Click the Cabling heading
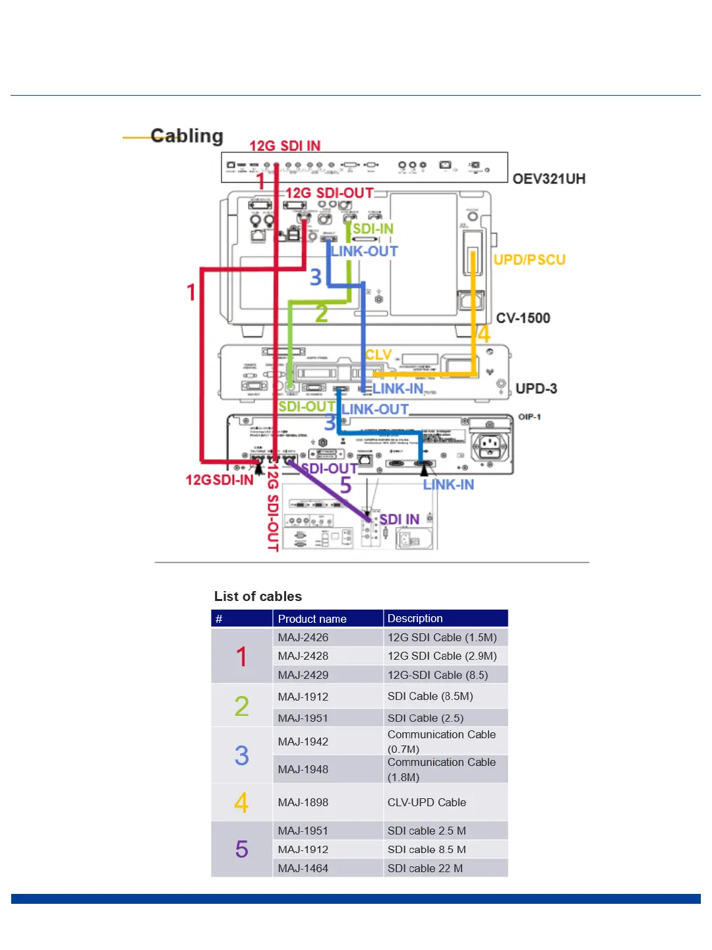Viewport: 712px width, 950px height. coord(187,136)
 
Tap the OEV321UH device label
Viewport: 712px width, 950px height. coord(549,179)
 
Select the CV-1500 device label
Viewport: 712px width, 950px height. coord(523,318)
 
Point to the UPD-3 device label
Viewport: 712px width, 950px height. coord(536,389)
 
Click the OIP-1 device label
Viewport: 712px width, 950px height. coord(529,417)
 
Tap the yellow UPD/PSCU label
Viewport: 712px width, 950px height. coord(529,260)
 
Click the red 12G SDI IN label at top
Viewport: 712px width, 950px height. coord(285,146)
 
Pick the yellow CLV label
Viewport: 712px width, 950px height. coord(378,355)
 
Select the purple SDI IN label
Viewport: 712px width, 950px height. coord(399,519)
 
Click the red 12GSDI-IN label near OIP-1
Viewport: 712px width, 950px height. coord(220,480)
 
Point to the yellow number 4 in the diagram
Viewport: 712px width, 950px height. coord(484,334)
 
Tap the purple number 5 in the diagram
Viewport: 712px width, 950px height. coord(345,486)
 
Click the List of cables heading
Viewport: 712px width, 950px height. coord(258,596)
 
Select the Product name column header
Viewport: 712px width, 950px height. coord(312,619)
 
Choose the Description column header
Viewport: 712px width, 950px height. coord(415,618)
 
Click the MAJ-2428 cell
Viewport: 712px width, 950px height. coord(303,656)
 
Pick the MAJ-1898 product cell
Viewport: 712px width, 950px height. coord(303,802)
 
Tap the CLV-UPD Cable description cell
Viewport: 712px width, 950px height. coord(427,802)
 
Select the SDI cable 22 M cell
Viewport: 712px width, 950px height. coord(425,868)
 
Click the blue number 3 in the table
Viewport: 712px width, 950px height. coord(242,755)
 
